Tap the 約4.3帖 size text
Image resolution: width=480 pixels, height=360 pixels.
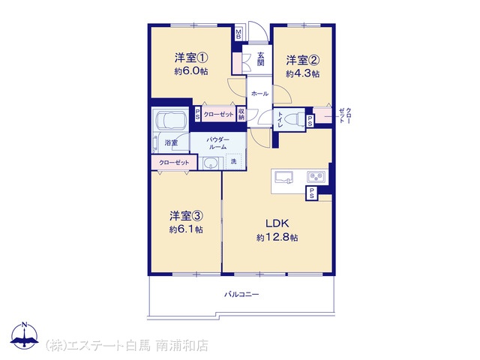click(303, 73)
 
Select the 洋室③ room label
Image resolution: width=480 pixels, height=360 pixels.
click(186, 216)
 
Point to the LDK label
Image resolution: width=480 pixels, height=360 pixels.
click(277, 223)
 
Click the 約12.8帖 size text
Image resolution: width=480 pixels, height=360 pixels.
click(277, 238)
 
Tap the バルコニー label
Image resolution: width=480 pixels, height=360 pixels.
click(241, 295)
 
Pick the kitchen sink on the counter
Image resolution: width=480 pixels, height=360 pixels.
click(283, 177)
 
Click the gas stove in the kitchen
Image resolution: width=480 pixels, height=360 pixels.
click(316, 177)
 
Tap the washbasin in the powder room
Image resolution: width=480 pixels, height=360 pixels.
click(210, 163)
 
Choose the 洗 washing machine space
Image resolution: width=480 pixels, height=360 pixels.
click(234, 161)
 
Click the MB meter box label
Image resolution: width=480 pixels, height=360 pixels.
click(238, 34)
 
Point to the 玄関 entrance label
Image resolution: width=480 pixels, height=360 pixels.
click(260, 59)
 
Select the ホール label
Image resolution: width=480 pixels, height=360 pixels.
click(259, 94)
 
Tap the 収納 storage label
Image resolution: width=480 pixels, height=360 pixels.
click(241, 114)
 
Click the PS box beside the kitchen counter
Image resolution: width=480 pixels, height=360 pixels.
click(312, 193)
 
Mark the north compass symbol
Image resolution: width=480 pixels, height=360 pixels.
click(25, 336)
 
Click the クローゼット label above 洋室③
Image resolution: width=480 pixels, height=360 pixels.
click(174, 163)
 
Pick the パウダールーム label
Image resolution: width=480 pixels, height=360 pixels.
click(217, 143)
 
